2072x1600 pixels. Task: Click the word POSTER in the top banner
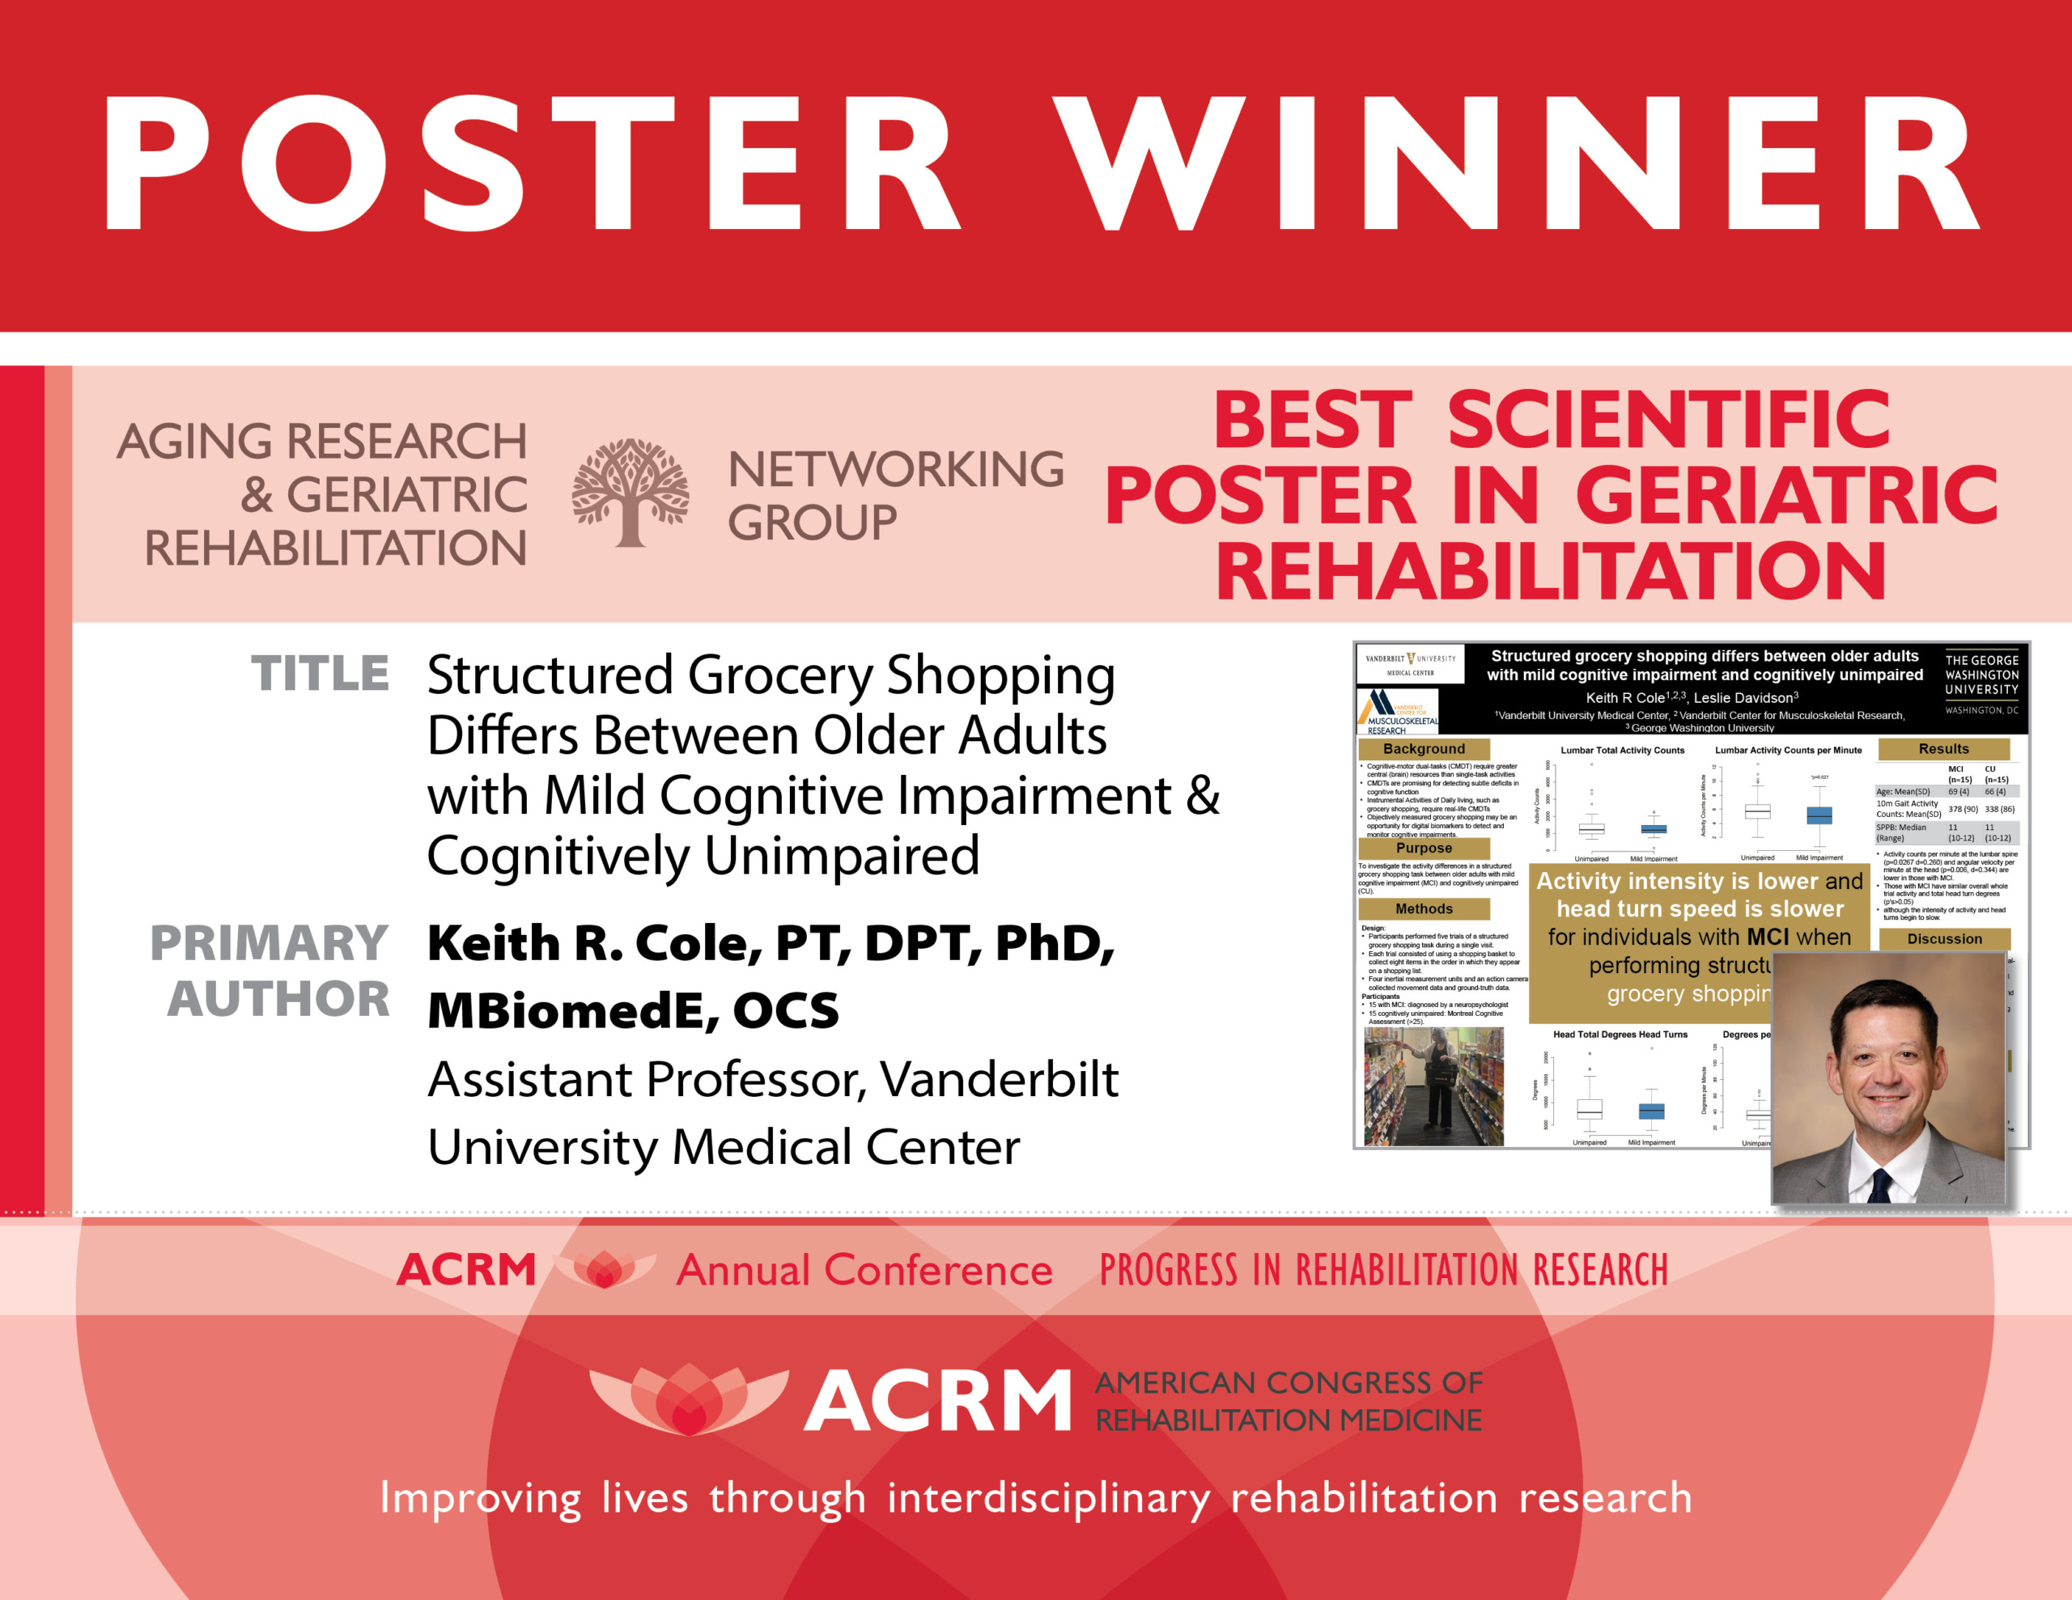(531, 163)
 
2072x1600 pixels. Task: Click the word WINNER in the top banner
(1518, 163)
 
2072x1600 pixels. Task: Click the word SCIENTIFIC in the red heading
(1669, 419)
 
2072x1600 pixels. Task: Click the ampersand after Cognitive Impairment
(1203, 795)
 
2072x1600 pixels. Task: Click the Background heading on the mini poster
(1423, 749)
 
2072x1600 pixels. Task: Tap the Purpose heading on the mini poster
(1423, 848)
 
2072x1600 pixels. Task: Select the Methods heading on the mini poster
(1423, 908)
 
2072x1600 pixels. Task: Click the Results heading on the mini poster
(1943, 749)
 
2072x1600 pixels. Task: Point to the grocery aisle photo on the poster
(1433, 1087)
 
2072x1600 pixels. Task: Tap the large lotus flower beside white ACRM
(689, 1399)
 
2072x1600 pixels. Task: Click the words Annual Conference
(864, 1270)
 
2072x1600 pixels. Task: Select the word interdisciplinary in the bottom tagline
(1048, 1497)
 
